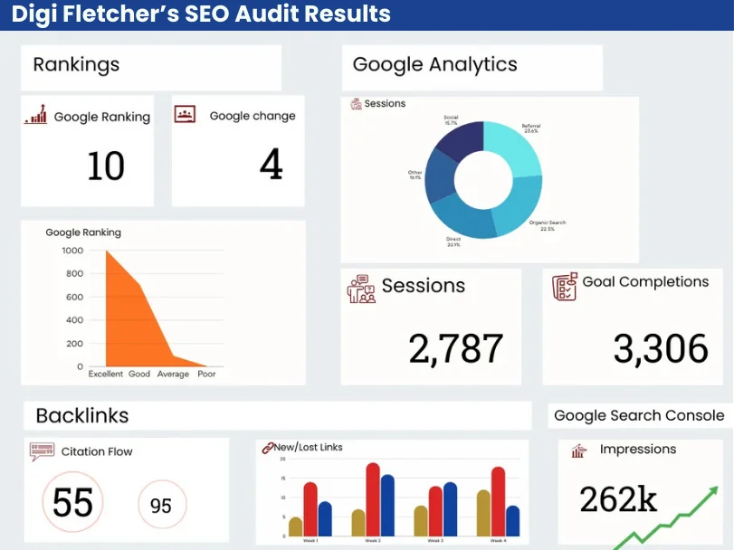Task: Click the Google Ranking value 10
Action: pyautogui.click(x=106, y=166)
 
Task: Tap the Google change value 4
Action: pyautogui.click(x=271, y=165)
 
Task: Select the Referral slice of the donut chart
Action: pyautogui.click(x=512, y=149)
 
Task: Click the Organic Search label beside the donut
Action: pyautogui.click(x=547, y=224)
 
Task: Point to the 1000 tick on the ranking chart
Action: pyautogui.click(x=72, y=251)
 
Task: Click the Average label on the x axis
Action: pyautogui.click(x=173, y=374)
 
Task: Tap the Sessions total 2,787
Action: pyautogui.click(x=455, y=348)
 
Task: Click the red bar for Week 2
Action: pyautogui.click(x=372, y=498)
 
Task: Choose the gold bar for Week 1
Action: pyautogui.click(x=296, y=526)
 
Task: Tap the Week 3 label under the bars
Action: pyautogui.click(x=435, y=540)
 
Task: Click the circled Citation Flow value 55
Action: pyautogui.click(x=72, y=502)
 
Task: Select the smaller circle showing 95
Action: pyautogui.click(x=161, y=505)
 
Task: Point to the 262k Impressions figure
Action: pyautogui.click(x=619, y=498)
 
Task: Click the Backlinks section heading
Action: pyautogui.click(x=82, y=415)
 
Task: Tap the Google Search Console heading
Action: pyautogui.click(x=639, y=415)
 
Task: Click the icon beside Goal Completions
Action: pyautogui.click(x=564, y=287)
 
